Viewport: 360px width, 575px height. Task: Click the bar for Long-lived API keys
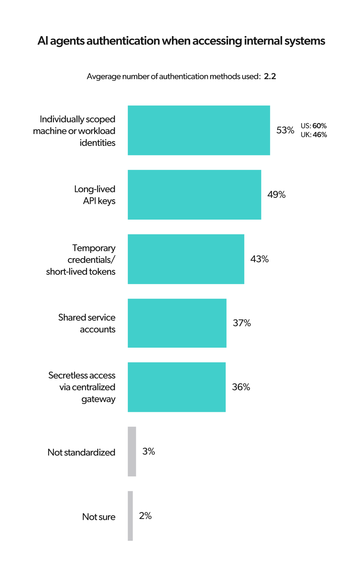194,195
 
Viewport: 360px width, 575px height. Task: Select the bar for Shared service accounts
177,323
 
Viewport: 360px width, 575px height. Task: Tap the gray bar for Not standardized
132,451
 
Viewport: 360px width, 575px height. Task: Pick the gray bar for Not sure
131,516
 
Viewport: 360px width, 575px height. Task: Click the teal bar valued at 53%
199,130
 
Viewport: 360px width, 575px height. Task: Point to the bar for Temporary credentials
186,259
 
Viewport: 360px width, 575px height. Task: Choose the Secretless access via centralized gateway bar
176,387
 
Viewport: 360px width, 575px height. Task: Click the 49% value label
276,195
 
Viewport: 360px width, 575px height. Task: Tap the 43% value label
260,259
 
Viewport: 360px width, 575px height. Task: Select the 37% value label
242,323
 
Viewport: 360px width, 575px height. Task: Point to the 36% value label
241,387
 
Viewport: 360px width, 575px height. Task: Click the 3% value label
149,451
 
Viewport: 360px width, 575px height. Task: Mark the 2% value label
145,516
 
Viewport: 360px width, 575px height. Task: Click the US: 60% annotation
314,126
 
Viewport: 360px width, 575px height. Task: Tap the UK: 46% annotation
314,135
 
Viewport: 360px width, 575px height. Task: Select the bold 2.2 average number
270,76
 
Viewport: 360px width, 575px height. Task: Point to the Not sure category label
99,517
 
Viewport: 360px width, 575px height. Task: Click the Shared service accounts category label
87,323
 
